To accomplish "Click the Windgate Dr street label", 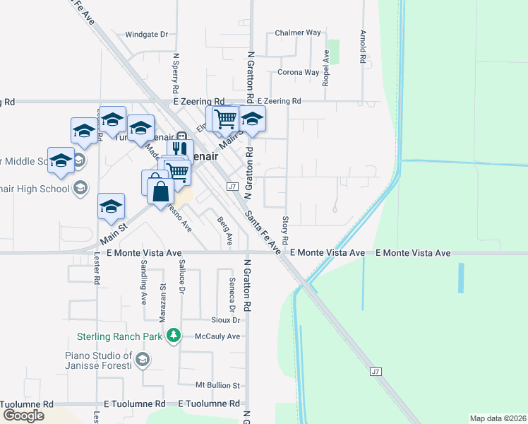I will point(147,34).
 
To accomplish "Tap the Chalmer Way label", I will point(298,33).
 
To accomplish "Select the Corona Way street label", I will point(299,72).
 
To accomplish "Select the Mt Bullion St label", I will point(218,386).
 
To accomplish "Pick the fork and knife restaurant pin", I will point(180,151).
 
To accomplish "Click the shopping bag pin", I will point(161,190).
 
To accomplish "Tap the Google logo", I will point(23,416).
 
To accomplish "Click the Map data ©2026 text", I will point(498,418).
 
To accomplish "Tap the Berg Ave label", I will point(225,230).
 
